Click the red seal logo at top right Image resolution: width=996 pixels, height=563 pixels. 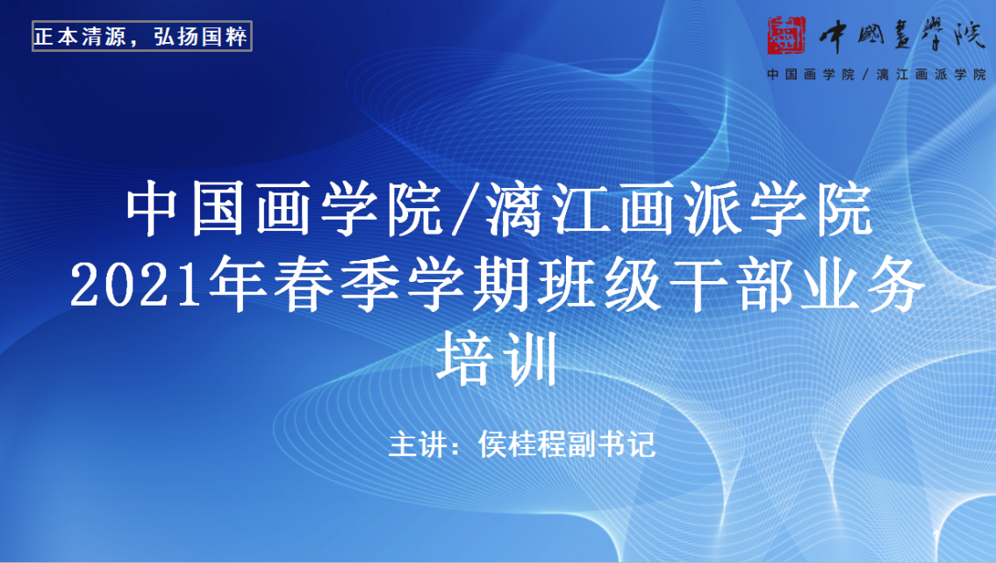tap(787, 34)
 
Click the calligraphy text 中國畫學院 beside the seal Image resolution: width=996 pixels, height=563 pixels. tap(899, 35)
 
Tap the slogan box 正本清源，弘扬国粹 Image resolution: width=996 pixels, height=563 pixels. tap(142, 39)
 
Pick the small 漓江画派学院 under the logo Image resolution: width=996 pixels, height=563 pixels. tap(930, 75)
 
